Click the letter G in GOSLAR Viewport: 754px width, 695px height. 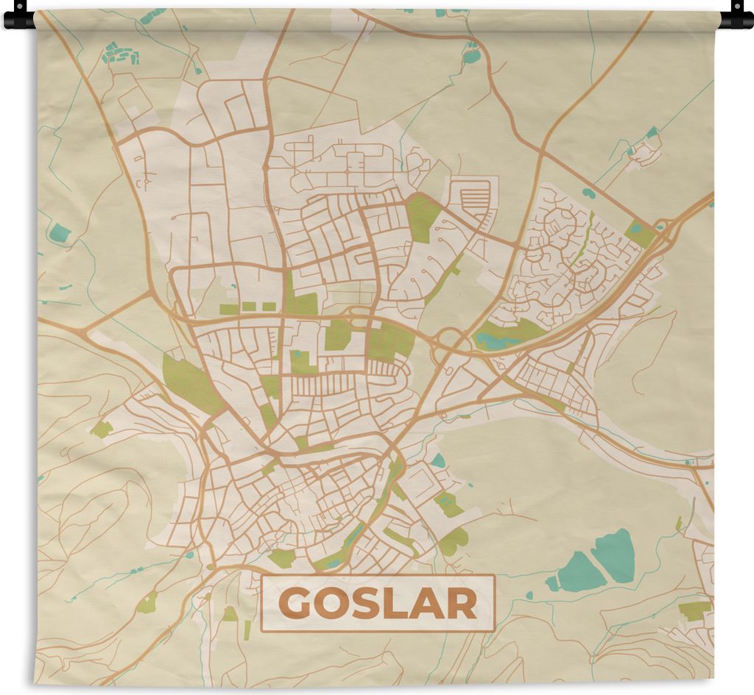pos(296,605)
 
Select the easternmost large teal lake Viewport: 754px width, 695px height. pos(615,556)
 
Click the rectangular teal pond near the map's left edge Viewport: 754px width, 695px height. pos(60,233)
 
